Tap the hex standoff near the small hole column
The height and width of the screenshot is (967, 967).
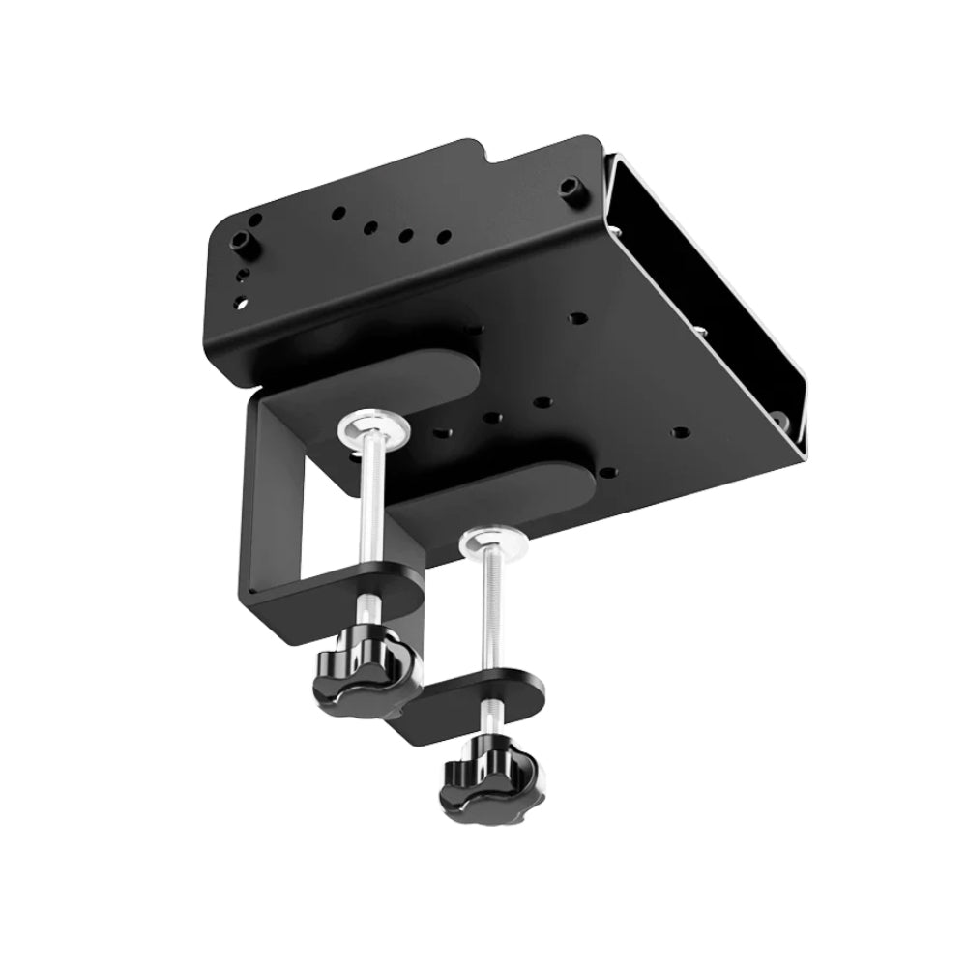(x=238, y=242)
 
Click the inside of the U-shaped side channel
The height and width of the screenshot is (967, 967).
(x=706, y=290)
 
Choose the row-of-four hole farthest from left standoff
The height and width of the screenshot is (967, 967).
(x=443, y=236)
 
